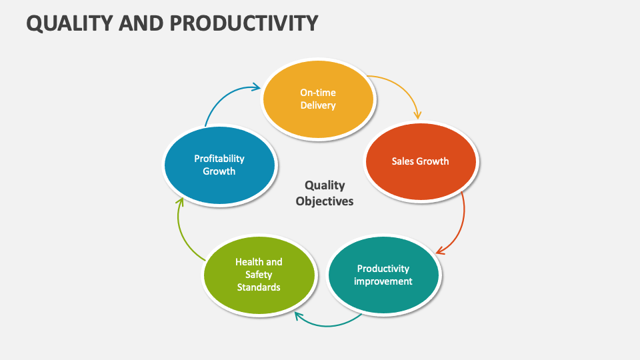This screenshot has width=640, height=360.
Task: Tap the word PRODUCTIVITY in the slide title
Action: [x=244, y=23]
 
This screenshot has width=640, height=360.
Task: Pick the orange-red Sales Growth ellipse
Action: [x=420, y=161]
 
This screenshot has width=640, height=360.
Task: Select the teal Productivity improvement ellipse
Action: [x=383, y=275]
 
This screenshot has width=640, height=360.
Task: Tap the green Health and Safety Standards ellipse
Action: [x=259, y=275]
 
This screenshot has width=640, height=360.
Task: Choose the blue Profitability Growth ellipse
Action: [x=219, y=165]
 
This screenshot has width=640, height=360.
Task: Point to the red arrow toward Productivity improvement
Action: [x=461, y=227]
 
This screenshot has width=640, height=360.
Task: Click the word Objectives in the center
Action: [x=325, y=201]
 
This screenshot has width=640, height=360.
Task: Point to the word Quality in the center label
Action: [x=325, y=185]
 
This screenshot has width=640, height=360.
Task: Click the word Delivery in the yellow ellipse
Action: [x=318, y=105]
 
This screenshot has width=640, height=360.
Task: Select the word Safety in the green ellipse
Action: [x=259, y=275]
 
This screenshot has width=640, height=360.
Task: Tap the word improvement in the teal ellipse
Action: [x=383, y=281]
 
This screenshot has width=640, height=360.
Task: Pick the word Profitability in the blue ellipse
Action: [x=219, y=159]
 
